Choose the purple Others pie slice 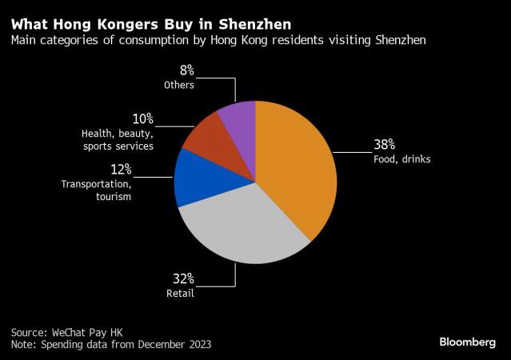coord(238,120)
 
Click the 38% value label coord(385,146)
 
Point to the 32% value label coord(184,278)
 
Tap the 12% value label coord(121,170)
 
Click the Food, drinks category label coord(401,159)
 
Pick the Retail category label coord(181,293)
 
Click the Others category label coord(179,84)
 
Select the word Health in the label coord(98,134)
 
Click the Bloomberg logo coord(467,342)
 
